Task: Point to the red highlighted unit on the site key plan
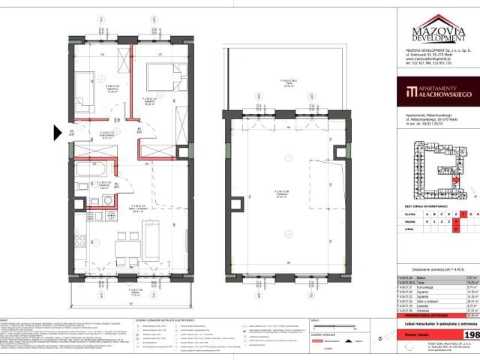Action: (454, 180)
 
